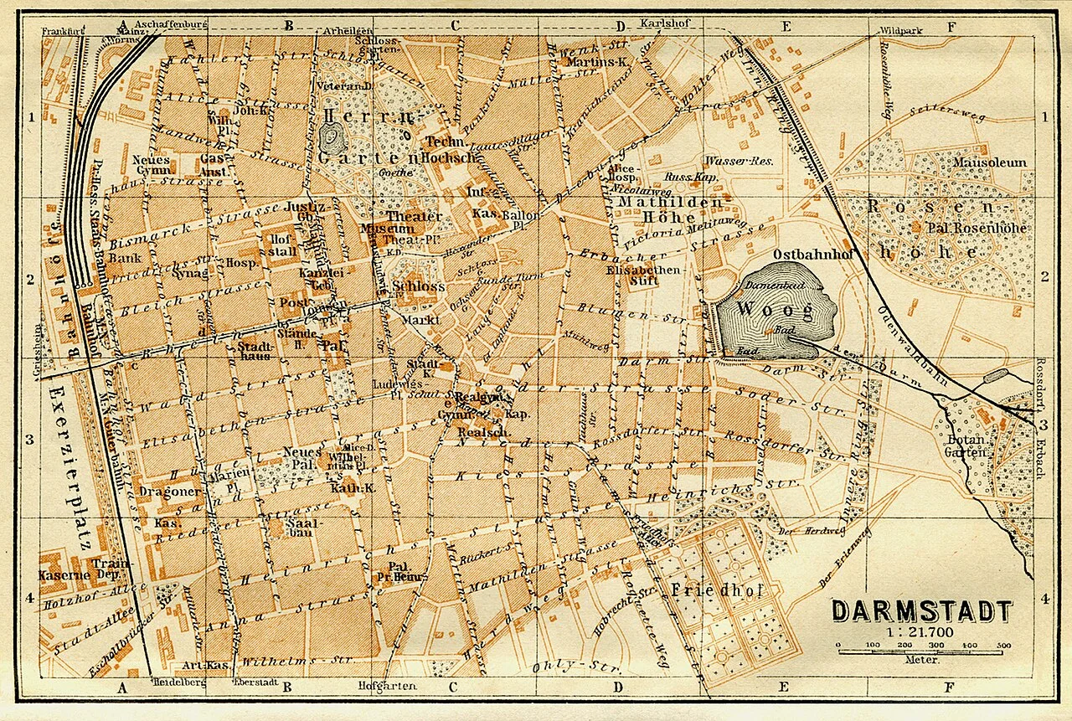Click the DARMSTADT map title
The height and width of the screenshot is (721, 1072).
pos(921,611)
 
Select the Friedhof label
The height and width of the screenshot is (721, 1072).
pos(717,590)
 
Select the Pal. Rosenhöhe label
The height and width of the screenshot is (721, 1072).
pos(963,226)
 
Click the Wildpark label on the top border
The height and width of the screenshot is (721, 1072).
pos(900,31)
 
